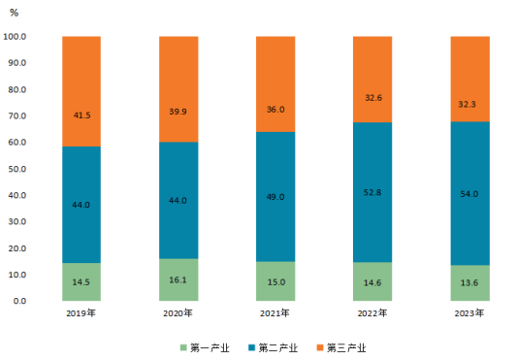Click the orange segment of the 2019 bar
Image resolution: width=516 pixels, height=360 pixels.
pos(81,91)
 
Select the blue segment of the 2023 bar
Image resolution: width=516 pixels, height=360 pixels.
pos(469,193)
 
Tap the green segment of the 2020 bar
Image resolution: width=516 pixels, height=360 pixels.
pos(178,279)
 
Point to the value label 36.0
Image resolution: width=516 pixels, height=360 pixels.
pos(275,110)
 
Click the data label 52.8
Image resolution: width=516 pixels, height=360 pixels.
pos(372,192)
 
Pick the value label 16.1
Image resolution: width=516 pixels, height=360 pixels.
pos(177,280)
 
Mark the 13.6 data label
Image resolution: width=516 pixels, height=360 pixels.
pos(468,282)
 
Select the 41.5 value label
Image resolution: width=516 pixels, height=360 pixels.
pos(81,115)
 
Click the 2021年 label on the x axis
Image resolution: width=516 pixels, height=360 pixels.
pos(274,312)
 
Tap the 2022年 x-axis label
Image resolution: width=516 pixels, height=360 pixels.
pos(372,312)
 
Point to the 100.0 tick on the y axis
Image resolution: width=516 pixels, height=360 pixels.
pos(15,36)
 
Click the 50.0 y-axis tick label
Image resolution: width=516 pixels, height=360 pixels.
pos(17,169)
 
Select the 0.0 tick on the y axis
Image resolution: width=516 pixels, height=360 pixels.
pos(19,301)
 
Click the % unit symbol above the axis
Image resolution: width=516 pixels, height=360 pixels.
pos(15,13)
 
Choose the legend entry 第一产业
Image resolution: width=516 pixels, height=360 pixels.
pos(205,347)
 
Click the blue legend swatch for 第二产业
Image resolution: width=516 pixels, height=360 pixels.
pos(252,347)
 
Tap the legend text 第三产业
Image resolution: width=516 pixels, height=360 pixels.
pos(346,347)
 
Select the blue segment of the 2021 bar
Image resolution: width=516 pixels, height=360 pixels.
pos(275,197)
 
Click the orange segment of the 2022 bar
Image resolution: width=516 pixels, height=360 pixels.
pos(372,80)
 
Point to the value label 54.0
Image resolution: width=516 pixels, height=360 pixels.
pos(468,194)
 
